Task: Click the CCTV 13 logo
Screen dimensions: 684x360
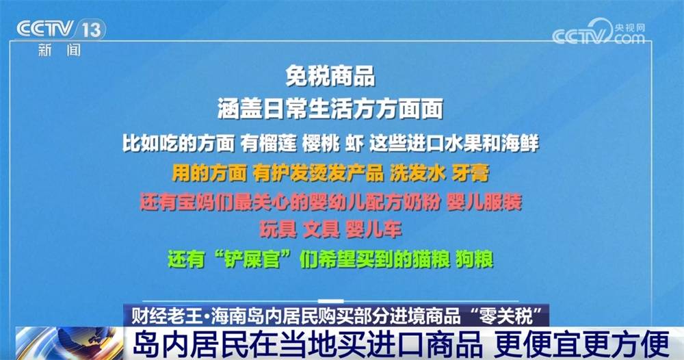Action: click(x=61, y=29)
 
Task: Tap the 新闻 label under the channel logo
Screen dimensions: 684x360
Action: click(x=60, y=50)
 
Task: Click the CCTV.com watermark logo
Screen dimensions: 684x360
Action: click(x=598, y=31)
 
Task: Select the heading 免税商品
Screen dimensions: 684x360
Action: click(x=330, y=77)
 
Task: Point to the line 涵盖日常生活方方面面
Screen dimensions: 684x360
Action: click(x=330, y=108)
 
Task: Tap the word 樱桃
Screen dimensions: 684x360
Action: click(x=321, y=143)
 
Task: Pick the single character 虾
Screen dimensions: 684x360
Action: click(x=354, y=143)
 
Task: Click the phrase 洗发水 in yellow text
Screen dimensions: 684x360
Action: click(x=417, y=172)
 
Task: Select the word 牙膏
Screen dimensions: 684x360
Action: click(x=471, y=172)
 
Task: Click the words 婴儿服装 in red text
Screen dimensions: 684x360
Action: click(x=484, y=202)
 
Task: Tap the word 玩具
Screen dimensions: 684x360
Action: click(x=278, y=229)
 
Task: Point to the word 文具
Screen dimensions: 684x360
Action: click(x=321, y=229)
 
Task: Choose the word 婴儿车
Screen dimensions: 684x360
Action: click(x=374, y=229)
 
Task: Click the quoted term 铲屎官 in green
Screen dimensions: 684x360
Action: click(x=252, y=259)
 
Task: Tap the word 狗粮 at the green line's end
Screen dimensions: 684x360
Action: click(x=475, y=259)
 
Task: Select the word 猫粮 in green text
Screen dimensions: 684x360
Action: click(x=431, y=259)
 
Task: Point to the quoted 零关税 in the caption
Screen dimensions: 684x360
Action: click(x=504, y=316)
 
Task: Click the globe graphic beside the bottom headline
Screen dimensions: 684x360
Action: click(x=70, y=343)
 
